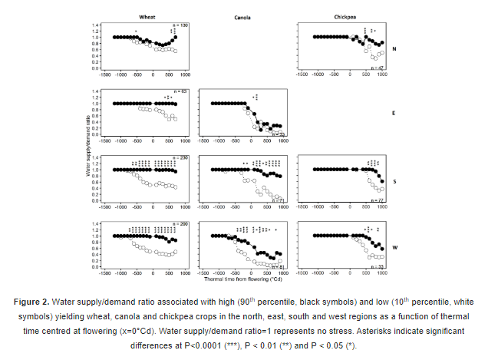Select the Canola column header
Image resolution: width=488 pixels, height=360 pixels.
coord(244,15)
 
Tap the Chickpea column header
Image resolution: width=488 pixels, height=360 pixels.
coord(341,15)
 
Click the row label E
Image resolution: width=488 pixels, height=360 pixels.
coord(394,113)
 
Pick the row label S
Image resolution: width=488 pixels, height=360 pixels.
coord(394,181)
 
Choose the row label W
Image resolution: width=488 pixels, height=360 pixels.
coord(394,247)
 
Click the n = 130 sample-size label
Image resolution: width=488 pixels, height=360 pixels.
coord(180,25)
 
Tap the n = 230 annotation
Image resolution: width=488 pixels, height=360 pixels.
coord(180,158)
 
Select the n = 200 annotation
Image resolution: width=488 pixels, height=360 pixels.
coord(180,224)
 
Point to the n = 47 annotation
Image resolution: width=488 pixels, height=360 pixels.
coord(377,68)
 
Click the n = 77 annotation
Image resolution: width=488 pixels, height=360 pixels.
coord(377,200)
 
